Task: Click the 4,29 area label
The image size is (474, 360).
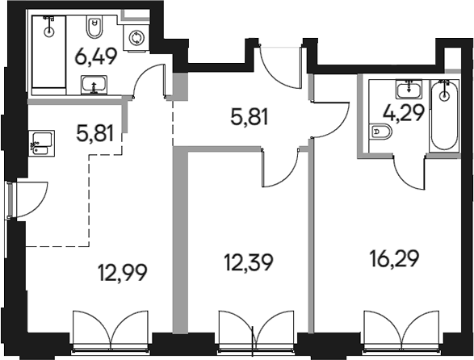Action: pyautogui.click(x=404, y=111)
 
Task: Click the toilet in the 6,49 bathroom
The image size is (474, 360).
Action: pyautogui.click(x=93, y=27)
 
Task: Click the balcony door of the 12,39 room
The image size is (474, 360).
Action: pyautogui.click(x=253, y=331)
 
